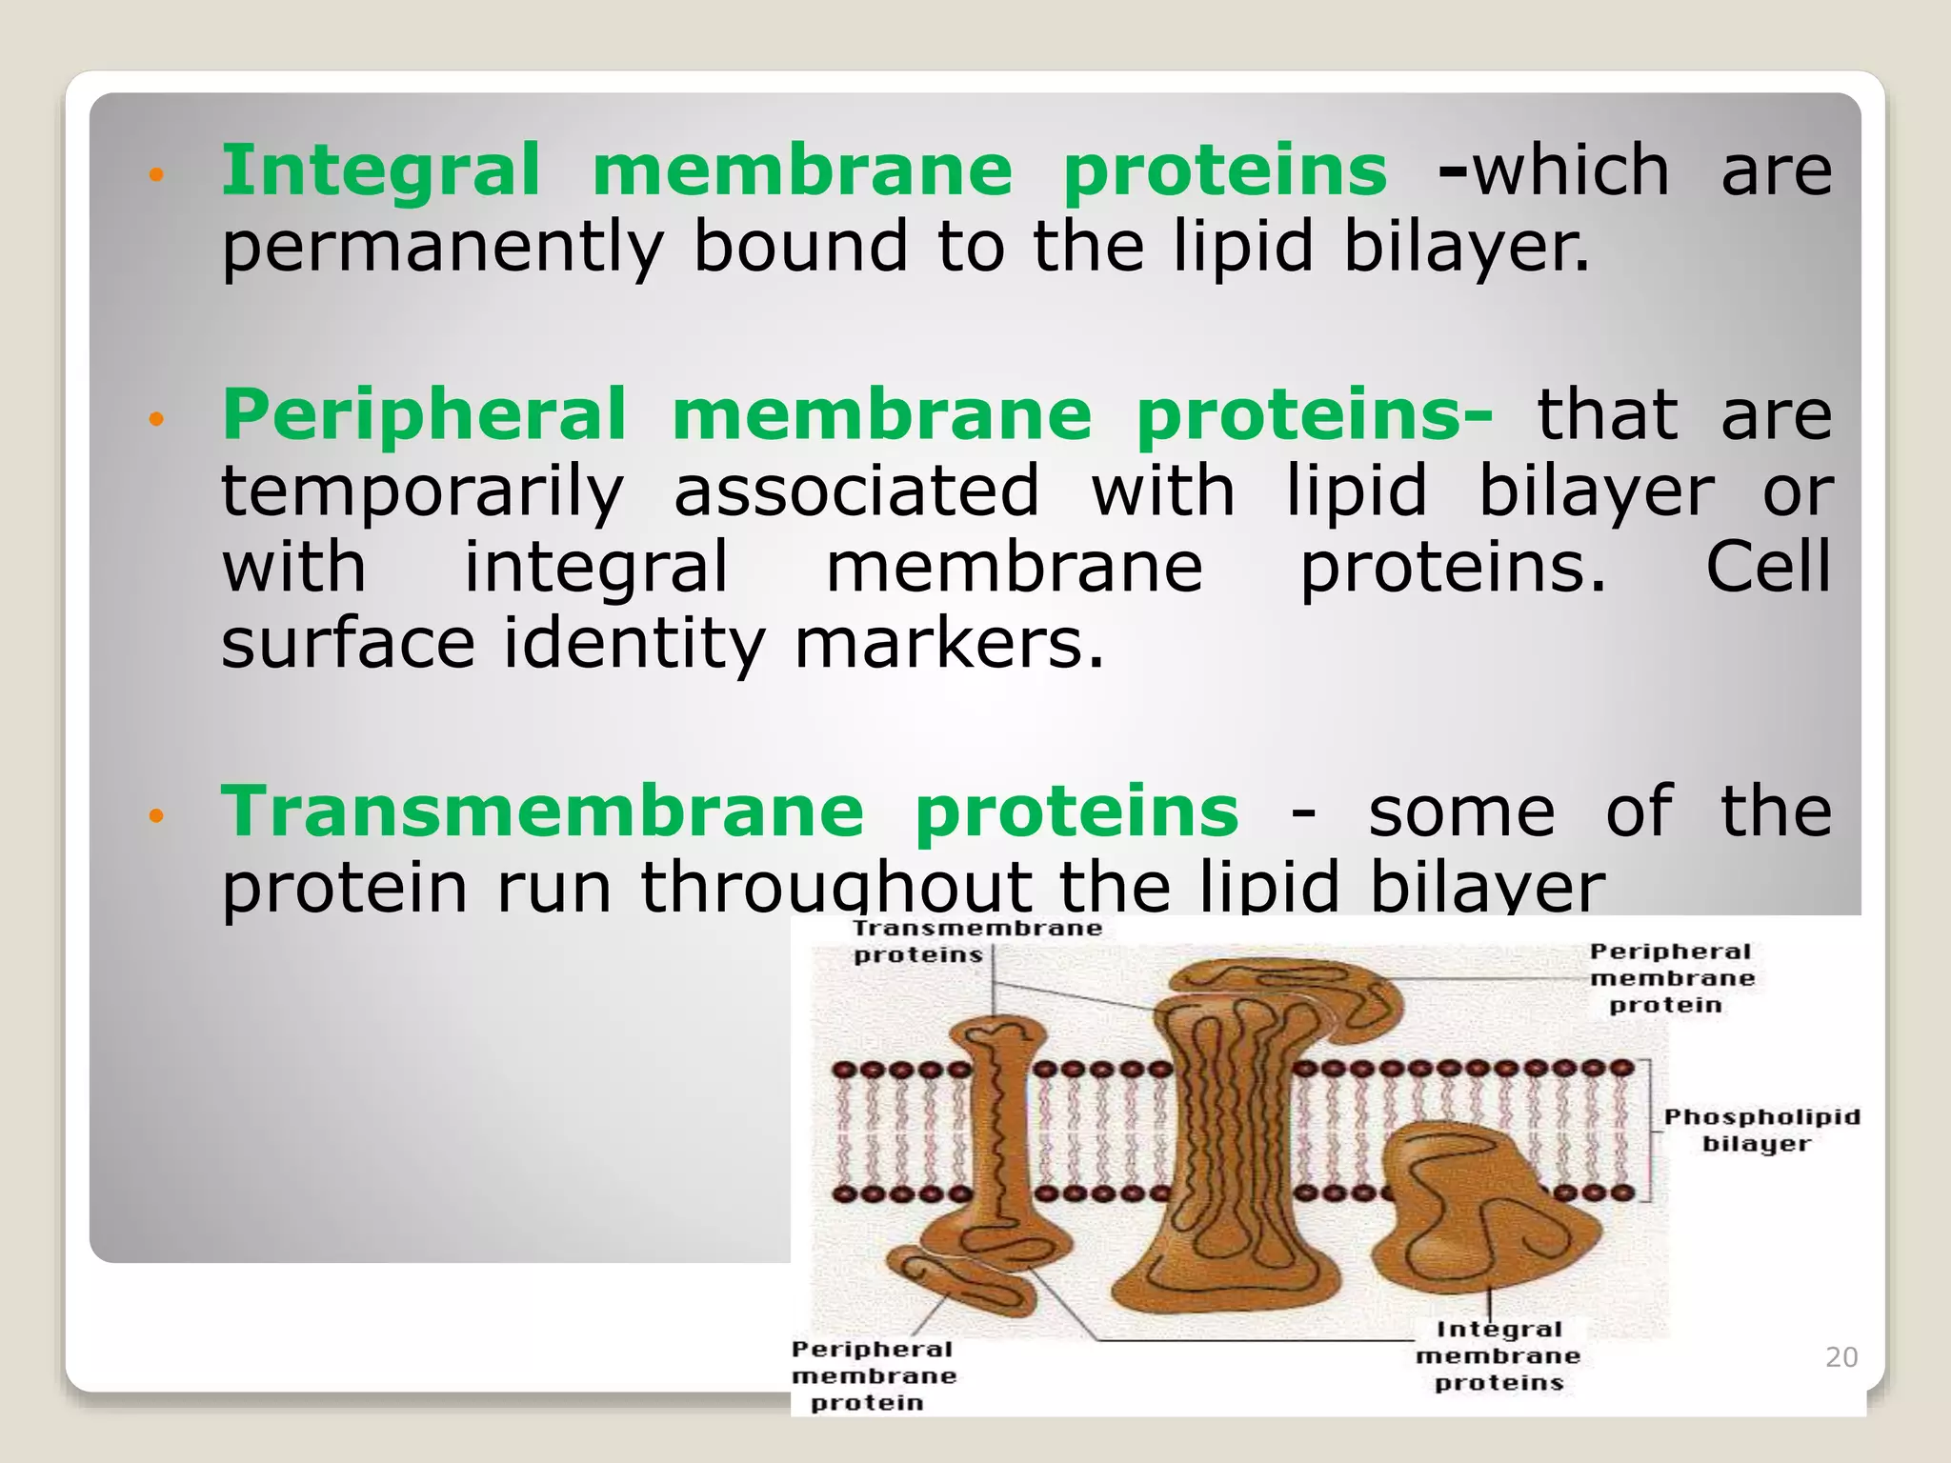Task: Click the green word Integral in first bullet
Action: (x=381, y=171)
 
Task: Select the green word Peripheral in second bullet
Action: (x=424, y=416)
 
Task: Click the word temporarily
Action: (x=422, y=492)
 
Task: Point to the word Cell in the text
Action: (x=1768, y=568)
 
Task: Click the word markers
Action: (x=949, y=644)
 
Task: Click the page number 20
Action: (x=1840, y=1357)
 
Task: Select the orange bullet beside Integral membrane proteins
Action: (x=157, y=174)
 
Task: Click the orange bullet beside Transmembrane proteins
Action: (x=157, y=815)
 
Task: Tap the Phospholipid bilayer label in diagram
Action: (x=1760, y=1131)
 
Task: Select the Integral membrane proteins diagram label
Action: (x=1498, y=1356)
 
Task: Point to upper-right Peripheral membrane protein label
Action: (x=1671, y=978)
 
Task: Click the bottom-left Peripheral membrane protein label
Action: (x=873, y=1376)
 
